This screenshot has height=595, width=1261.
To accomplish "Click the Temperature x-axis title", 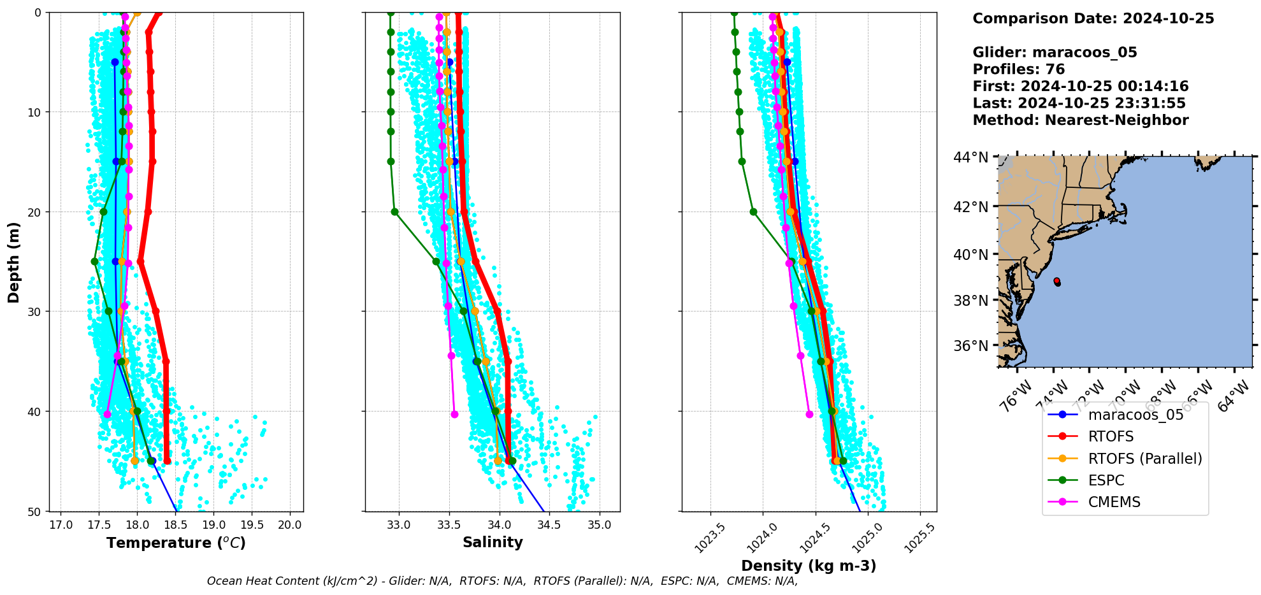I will pos(176,543).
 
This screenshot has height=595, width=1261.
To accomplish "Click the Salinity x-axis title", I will pos(493,543).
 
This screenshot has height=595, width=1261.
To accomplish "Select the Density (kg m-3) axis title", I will pos(809,566).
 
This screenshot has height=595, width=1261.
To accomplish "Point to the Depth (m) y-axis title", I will pos(14,262).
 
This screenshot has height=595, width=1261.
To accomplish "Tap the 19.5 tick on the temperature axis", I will pos(252,525).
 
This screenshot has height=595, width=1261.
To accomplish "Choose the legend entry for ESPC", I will pos(1106,480).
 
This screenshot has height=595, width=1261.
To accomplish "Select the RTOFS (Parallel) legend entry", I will pos(1144,459).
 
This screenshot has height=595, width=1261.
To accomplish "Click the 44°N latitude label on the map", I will pos(970,157).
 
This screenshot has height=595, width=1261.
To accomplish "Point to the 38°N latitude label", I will pos(970,300).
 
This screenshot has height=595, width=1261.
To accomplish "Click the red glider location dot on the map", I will pos(1056,280).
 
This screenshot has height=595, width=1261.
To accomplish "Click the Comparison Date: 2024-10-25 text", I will pos(1093,18).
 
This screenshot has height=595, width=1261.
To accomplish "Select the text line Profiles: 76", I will pos(1018,69).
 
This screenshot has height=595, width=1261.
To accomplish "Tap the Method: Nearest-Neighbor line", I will pos(1080,120).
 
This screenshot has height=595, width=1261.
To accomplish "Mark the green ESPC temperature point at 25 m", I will pos(94,261).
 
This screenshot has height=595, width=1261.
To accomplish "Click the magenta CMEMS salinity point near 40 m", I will pos(454,414).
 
